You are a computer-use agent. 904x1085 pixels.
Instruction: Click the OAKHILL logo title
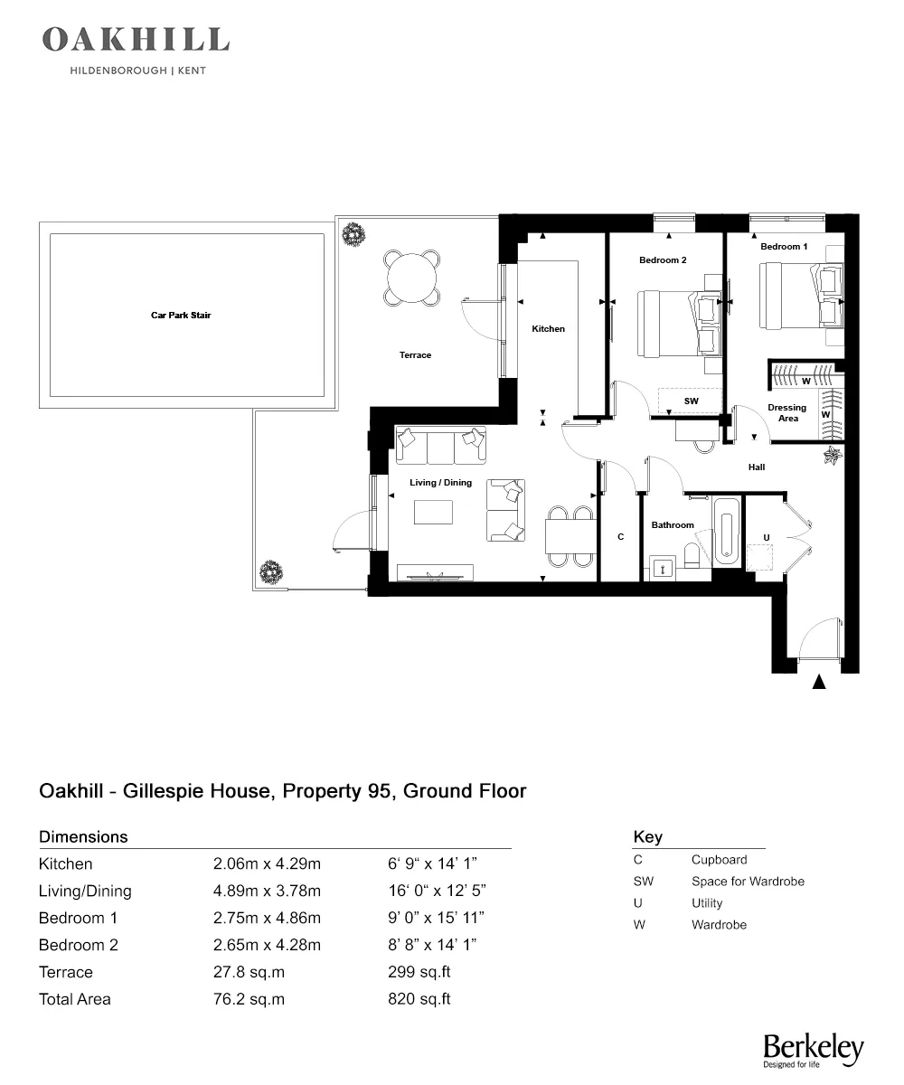[136, 40]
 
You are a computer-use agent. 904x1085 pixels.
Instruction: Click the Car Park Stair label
[181, 316]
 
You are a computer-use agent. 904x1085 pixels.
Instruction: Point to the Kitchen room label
[548, 329]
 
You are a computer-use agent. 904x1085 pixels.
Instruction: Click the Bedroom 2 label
[663, 260]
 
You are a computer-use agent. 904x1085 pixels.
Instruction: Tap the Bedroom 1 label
[784, 247]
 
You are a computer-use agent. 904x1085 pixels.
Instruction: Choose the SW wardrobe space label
[691, 401]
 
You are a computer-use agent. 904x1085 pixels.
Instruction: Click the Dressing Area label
[786, 413]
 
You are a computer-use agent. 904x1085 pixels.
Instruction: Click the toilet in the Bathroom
[696, 556]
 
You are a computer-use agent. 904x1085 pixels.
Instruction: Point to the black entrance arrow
[819, 683]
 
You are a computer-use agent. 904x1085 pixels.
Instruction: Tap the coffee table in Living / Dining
[433, 513]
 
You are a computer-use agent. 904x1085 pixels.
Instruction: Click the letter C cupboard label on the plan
[620, 537]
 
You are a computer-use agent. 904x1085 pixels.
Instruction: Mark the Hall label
[757, 467]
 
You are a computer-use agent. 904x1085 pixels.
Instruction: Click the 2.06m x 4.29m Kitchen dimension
[267, 864]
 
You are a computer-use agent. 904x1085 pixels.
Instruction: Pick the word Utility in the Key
[707, 903]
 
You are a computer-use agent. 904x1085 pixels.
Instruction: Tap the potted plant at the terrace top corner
[353, 234]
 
